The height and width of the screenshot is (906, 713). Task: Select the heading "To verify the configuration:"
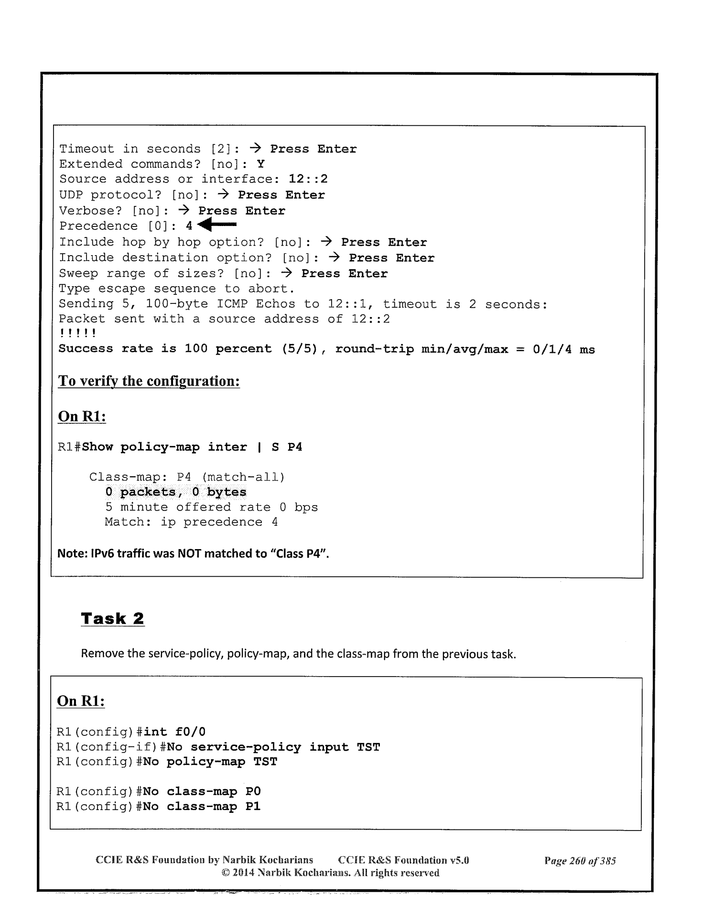[149, 381]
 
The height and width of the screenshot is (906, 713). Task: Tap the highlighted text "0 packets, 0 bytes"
[176, 492]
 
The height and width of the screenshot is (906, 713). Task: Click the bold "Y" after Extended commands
[260, 164]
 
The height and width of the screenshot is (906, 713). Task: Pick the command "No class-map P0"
[202, 792]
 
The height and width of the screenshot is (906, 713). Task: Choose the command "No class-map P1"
[202, 807]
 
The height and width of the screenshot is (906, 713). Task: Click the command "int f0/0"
[174, 732]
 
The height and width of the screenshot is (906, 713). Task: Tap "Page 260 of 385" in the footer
[580, 861]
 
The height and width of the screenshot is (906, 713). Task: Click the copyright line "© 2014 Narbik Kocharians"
[330, 873]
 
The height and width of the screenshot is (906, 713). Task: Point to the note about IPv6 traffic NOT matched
[193, 554]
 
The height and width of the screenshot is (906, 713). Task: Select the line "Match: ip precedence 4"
[191, 522]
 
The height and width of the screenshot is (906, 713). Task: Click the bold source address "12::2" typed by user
[308, 180]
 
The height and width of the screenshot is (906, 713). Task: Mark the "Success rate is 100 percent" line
[326, 349]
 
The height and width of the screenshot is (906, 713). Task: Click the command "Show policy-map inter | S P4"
[192, 447]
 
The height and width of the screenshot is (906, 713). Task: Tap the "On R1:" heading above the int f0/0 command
[81, 701]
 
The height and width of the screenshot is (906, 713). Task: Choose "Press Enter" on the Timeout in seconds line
[313, 149]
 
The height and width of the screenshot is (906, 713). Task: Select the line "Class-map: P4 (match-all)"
[187, 477]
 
